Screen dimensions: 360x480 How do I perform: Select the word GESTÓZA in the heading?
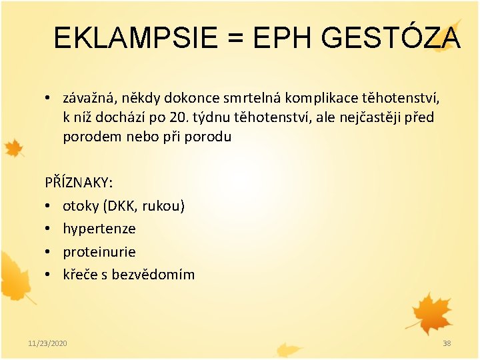tap(391, 38)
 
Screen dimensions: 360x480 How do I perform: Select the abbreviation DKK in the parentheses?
tap(121, 205)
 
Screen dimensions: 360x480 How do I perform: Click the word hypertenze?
tap(99, 229)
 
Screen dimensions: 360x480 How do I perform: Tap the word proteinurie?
tap(99, 251)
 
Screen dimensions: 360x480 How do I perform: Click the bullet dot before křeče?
tap(49, 274)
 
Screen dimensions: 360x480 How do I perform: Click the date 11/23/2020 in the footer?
tap(47, 343)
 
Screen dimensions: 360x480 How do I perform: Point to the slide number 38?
tap(447, 343)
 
